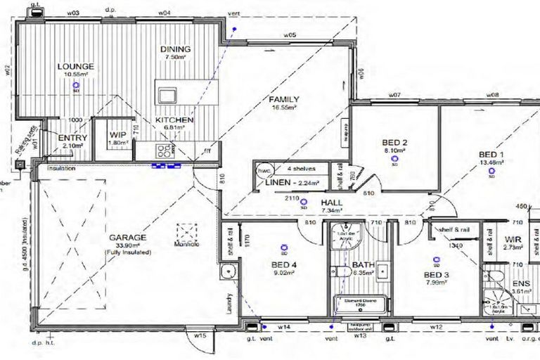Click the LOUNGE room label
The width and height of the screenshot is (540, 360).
click(75, 67)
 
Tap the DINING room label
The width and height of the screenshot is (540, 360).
click(175, 49)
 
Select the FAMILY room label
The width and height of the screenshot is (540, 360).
click(284, 99)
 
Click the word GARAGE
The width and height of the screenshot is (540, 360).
click(127, 238)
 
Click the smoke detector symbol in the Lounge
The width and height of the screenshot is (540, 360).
click(75, 86)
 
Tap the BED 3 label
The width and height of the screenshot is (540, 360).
click(436, 274)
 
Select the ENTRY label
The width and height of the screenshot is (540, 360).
click(72, 138)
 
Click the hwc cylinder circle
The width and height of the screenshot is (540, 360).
click(264, 171)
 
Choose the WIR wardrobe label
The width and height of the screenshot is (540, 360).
click(513, 240)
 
